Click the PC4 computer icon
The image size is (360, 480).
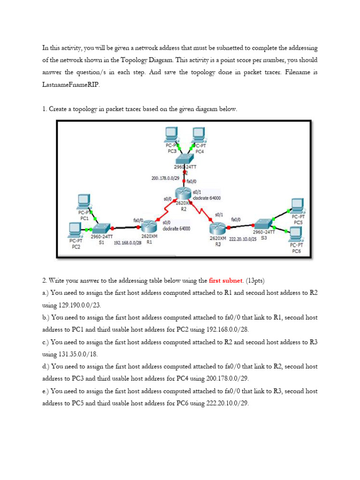[199, 135]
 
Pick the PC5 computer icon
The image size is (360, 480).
[297, 205]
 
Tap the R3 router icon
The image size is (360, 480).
[217, 229]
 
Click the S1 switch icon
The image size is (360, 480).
[101, 229]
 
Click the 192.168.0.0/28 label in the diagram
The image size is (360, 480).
[127, 243]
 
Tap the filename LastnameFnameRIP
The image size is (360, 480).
[70, 85]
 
